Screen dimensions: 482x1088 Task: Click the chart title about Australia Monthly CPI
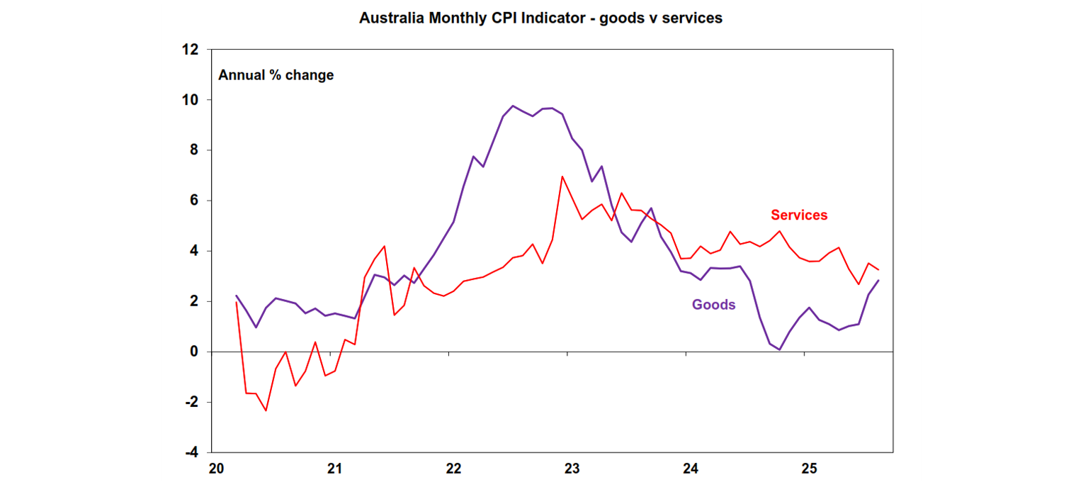[x=540, y=18]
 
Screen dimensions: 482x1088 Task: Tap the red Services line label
[x=799, y=215]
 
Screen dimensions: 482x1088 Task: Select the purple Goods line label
[x=713, y=305]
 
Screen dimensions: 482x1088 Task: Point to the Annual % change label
[x=276, y=74]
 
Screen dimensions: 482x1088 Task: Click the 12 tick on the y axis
[x=189, y=50]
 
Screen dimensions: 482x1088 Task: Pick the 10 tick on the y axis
[x=189, y=100]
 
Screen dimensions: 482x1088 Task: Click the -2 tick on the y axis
[x=190, y=402]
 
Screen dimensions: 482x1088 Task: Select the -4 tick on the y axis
[x=190, y=452]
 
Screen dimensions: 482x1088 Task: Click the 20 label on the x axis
[x=216, y=469]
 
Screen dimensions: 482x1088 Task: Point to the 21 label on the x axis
[x=334, y=469]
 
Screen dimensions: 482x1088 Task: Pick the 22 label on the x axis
[x=453, y=469]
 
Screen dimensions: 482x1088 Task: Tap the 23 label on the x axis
[x=572, y=469]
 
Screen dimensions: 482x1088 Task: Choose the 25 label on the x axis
[x=809, y=469]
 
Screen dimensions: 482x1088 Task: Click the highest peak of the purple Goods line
[x=513, y=106]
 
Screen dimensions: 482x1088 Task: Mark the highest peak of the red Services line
[x=562, y=176]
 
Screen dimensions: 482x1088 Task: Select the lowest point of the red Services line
[x=266, y=410]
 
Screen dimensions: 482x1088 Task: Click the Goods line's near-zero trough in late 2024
[x=779, y=349]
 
